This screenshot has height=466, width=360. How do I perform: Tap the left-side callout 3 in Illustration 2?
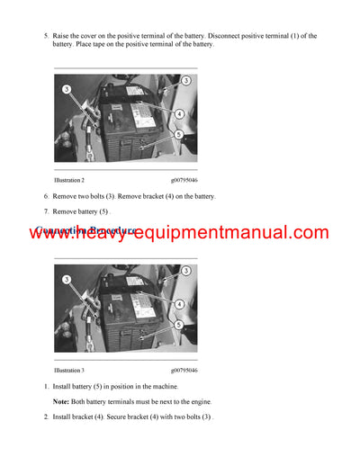66,90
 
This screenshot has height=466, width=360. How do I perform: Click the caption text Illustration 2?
69,180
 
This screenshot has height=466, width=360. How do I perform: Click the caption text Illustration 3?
69,370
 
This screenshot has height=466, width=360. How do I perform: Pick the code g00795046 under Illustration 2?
184,180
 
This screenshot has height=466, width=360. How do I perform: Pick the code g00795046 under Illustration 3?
184,370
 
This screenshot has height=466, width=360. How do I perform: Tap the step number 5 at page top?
46,36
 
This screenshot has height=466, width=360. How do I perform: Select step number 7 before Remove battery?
46,211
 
